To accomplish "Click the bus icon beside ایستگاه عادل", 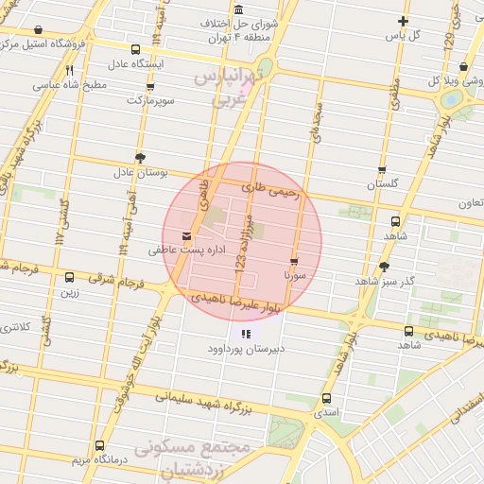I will point(135,49).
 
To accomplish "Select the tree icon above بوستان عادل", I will point(140,157).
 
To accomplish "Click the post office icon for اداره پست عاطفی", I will point(185,234).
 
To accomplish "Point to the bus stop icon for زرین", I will point(69,277).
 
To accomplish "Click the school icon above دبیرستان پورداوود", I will point(246,333).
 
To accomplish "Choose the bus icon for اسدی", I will point(326,398).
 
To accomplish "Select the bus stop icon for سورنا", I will point(294,262).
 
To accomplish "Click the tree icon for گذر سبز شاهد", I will point(383,267).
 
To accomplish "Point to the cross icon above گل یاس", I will point(404,21).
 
